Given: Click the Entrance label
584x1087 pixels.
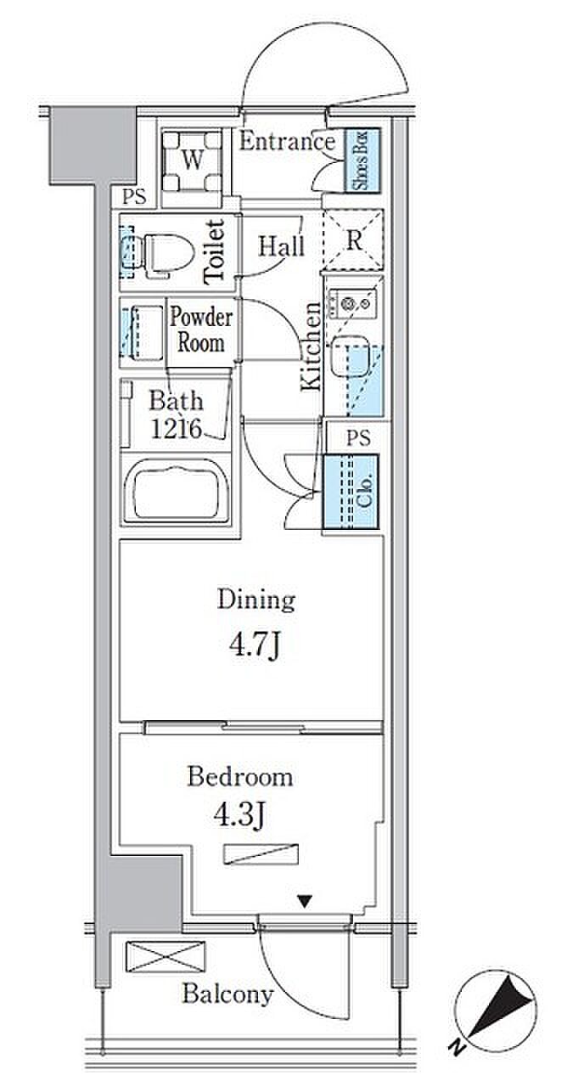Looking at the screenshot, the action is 287,142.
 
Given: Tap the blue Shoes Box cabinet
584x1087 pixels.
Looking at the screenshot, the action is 362,161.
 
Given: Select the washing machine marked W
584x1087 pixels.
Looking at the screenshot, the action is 192,161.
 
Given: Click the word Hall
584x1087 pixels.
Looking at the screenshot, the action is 281,246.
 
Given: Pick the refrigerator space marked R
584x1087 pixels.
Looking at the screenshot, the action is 354,239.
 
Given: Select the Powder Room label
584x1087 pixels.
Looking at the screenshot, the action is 201,330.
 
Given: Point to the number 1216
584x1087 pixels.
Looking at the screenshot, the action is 176,429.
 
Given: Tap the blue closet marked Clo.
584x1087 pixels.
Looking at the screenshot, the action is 351,491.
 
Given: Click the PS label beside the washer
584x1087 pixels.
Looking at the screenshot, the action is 134,196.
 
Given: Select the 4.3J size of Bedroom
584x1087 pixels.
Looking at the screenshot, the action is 239,816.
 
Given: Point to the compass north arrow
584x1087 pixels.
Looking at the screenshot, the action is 503,1004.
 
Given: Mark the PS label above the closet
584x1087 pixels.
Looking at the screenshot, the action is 358,437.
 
